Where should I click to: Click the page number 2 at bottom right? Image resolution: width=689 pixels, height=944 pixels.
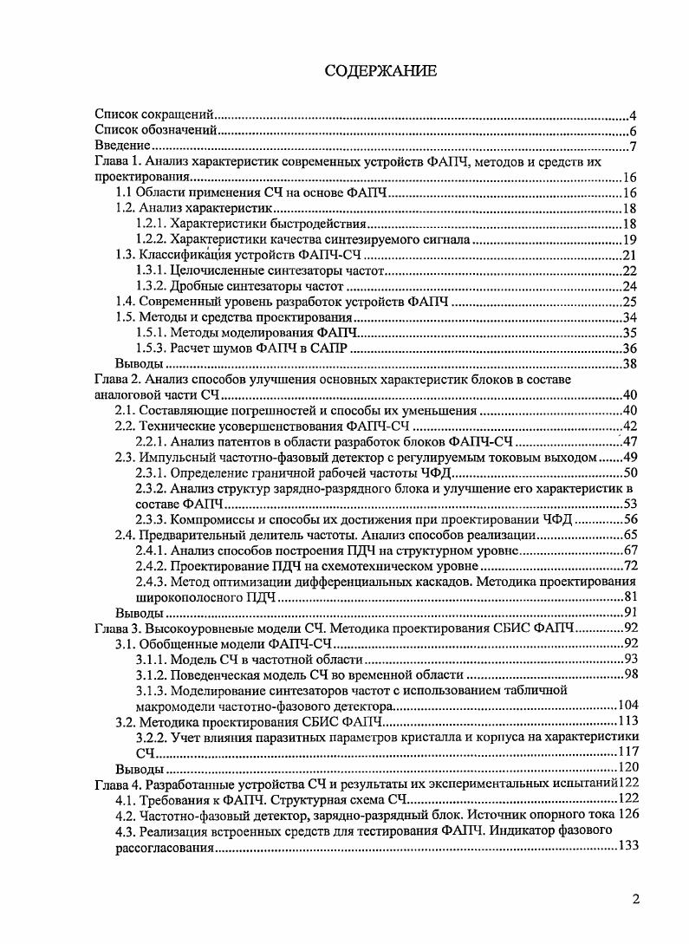coord(636,899)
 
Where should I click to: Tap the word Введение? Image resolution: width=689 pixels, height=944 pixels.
coord(123,146)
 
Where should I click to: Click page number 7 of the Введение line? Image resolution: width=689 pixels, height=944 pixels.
coord(634,146)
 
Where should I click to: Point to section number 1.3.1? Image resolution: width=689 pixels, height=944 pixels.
coord(151,270)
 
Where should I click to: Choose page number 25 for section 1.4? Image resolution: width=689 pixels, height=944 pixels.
coord(630,302)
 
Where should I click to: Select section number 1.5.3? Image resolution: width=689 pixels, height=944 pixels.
coord(151,348)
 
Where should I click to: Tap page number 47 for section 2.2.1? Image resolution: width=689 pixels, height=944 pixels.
coord(630,441)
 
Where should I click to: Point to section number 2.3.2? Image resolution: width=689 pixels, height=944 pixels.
coord(151,488)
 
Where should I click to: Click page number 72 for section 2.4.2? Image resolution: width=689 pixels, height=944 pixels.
coord(630,566)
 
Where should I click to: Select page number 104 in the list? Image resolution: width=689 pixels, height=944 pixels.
coord(627,706)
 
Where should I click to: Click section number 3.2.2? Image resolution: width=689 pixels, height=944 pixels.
coord(151,738)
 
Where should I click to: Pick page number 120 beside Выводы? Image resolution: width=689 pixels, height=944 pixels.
coord(627,769)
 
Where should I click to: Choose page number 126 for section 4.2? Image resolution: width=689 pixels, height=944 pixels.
coord(627,816)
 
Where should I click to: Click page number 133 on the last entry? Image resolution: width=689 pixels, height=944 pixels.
coord(627,847)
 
